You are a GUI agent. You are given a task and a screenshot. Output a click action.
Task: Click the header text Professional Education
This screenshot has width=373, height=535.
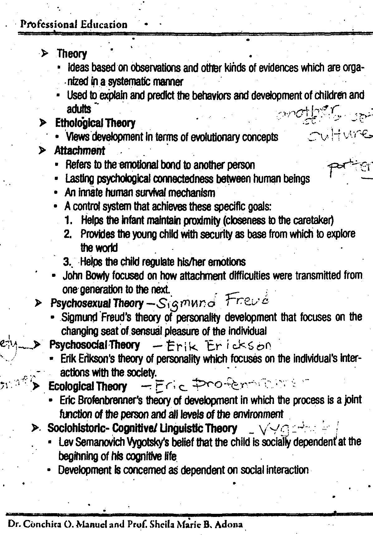(74, 25)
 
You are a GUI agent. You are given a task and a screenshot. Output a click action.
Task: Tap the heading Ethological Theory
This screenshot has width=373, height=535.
(95, 123)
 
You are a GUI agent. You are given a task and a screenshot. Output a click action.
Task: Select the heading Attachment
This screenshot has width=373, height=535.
(79, 151)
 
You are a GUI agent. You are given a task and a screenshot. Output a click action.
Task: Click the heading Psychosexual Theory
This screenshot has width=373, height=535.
(97, 303)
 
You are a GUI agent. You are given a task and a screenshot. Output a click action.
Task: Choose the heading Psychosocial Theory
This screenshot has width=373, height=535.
(94, 345)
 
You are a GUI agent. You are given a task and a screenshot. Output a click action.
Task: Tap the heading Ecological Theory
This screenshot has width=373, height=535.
(88, 387)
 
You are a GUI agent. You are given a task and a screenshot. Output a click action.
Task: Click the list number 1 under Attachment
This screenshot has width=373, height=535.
(69, 221)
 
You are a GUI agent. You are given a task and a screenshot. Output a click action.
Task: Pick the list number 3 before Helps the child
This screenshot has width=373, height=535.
(68, 262)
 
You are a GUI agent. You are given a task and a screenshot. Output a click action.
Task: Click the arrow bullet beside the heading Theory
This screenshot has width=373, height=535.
(45, 54)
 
